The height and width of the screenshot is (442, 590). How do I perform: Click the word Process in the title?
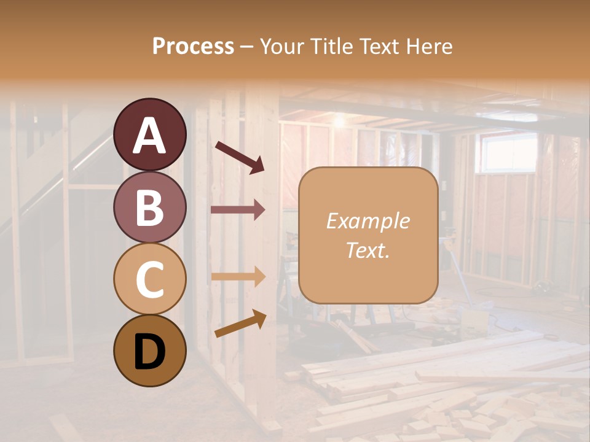click(193, 47)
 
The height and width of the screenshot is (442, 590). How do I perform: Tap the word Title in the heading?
click(326, 47)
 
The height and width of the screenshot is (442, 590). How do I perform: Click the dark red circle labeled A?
click(150, 134)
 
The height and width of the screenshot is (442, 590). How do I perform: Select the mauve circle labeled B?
click(150, 207)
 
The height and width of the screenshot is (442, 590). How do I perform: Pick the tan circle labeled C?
click(150, 279)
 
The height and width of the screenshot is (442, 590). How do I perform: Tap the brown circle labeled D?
click(150, 351)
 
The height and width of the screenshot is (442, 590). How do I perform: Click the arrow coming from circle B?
click(238, 210)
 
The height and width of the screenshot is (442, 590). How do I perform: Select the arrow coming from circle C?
click(238, 276)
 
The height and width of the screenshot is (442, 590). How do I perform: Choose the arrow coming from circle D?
click(240, 324)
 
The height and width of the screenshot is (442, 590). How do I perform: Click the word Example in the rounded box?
click(368, 222)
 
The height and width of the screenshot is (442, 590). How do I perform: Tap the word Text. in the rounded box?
click(368, 250)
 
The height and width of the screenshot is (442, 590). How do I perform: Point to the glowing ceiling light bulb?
click(338, 122)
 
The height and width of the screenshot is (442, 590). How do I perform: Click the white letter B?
click(149, 207)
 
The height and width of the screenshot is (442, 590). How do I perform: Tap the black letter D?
click(149, 351)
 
